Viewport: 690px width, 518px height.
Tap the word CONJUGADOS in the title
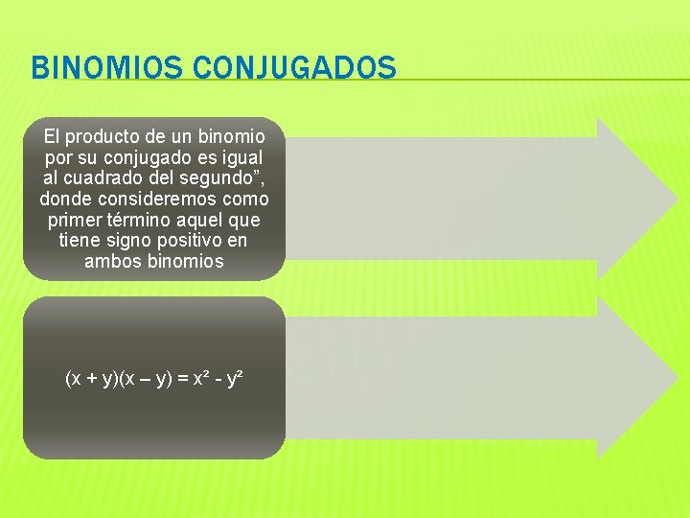293,68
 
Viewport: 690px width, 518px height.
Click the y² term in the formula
233,379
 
